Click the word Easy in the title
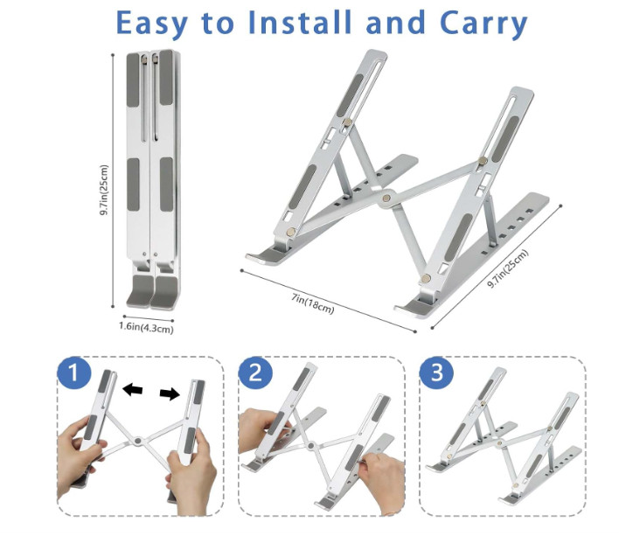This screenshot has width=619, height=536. [x=151, y=23]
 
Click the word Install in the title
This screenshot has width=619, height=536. [x=300, y=22]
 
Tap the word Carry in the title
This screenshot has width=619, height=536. [x=483, y=24]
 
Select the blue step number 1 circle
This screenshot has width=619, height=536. [x=74, y=372]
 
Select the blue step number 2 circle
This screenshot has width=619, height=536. [x=255, y=372]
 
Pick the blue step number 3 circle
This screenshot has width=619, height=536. [x=436, y=372]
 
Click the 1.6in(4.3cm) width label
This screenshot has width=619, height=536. [x=146, y=327]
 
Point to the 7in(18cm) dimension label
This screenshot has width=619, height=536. [x=313, y=303]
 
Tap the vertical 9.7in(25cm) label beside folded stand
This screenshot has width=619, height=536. [x=103, y=190]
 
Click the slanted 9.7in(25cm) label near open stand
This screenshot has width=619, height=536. [x=507, y=268]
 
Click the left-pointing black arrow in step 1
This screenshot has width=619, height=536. [x=132, y=390]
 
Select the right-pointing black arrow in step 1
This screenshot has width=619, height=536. [x=170, y=393]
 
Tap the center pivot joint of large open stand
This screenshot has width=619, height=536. [x=386, y=198]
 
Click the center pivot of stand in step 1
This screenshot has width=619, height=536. [x=137, y=441]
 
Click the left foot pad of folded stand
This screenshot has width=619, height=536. [x=139, y=291]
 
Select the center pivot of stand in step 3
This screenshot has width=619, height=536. [x=499, y=442]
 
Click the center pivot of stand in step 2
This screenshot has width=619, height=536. [x=311, y=446]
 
